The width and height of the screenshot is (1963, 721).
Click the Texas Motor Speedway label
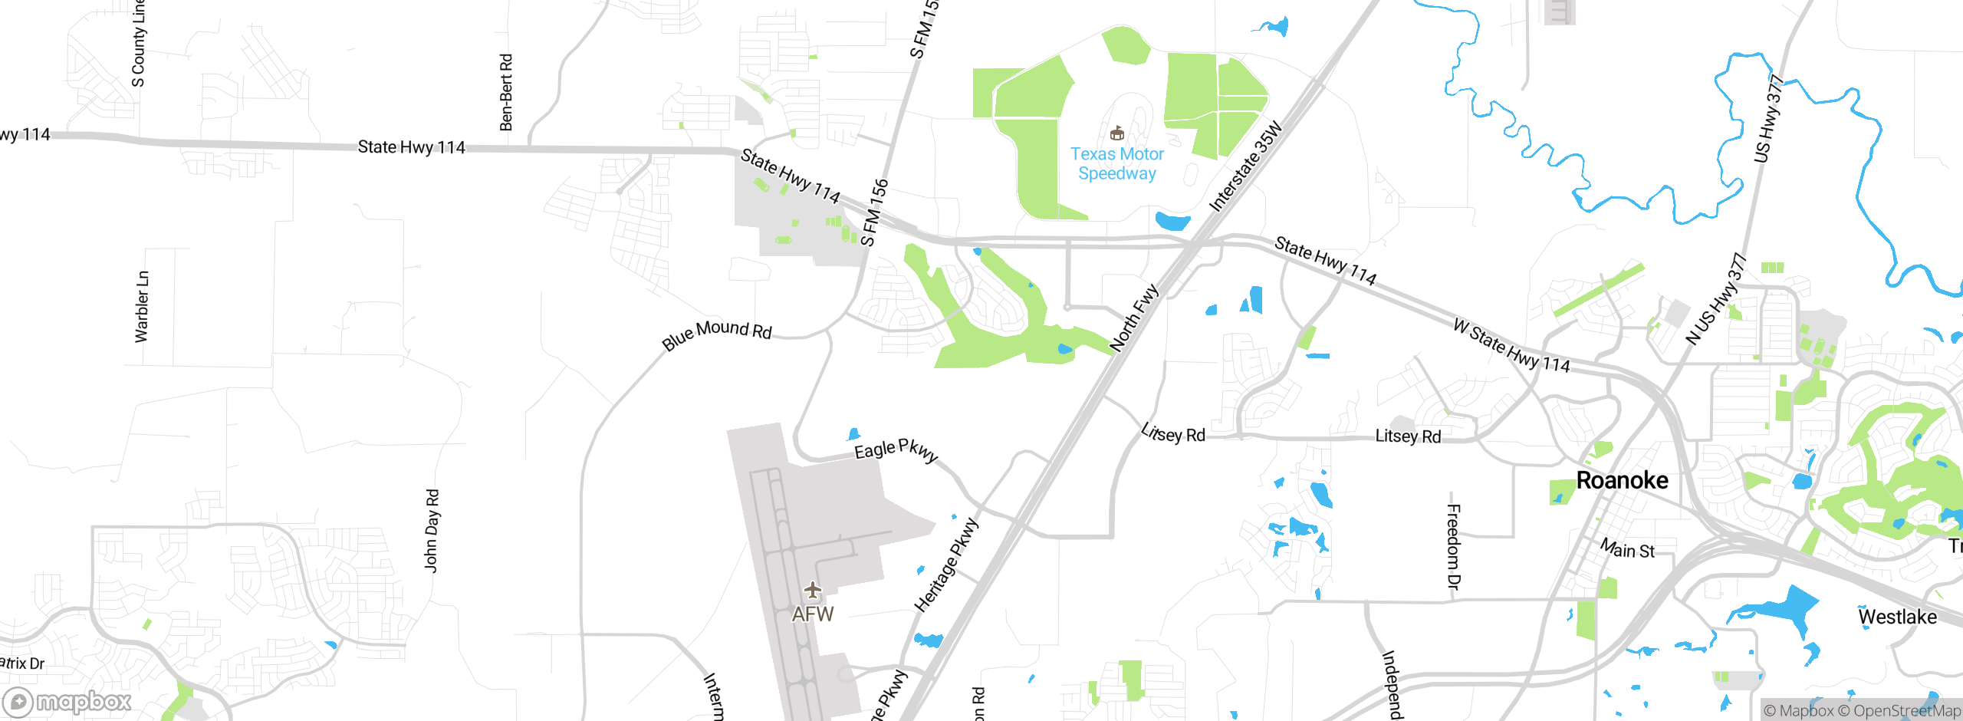pyautogui.click(x=1116, y=163)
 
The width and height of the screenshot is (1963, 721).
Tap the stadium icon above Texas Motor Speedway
pyautogui.click(x=1117, y=133)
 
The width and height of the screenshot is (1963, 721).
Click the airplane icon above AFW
pyautogui.click(x=813, y=590)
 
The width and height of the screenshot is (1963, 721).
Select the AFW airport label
pyautogui.click(x=813, y=614)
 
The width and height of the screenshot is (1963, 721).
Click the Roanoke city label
pyautogui.click(x=1622, y=480)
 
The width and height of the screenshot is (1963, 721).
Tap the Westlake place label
pyautogui.click(x=1897, y=617)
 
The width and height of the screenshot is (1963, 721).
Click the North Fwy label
pyautogui.click(x=1134, y=318)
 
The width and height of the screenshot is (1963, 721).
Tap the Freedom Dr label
pyautogui.click(x=1453, y=546)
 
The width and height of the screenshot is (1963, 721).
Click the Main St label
pyautogui.click(x=1627, y=548)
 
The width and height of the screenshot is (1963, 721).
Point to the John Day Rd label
pyautogui.click(x=432, y=531)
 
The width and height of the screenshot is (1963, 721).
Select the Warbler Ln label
pyautogui.click(x=142, y=306)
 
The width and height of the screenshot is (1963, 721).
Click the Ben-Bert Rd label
pyautogui.click(x=506, y=92)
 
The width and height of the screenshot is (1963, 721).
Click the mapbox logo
pyautogui.click(x=67, y=701)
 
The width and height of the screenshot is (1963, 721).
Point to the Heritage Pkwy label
pyautogui.click(x=946, y=565)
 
